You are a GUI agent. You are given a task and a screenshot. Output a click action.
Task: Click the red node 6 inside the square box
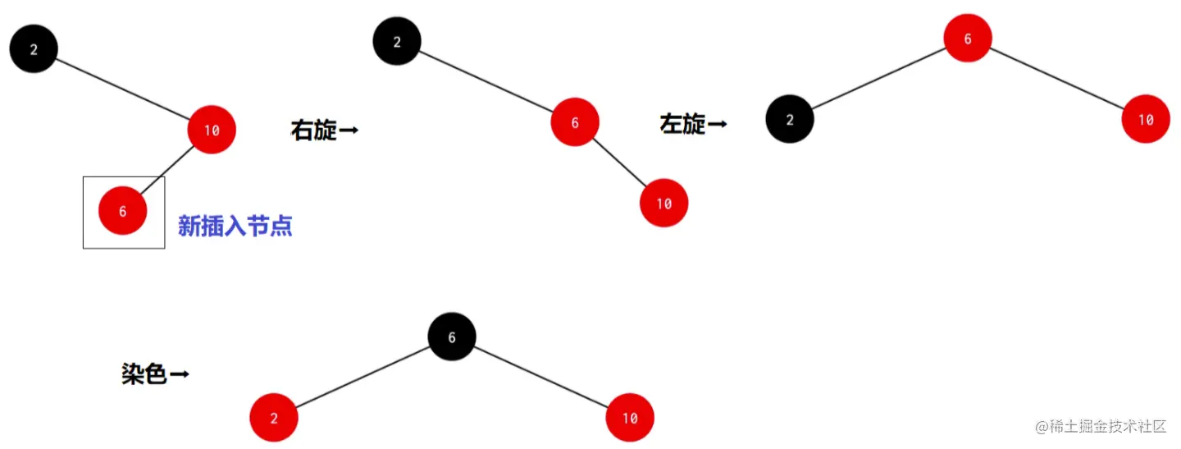pos(123,211)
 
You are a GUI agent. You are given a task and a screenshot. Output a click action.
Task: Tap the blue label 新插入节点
pos(235,227)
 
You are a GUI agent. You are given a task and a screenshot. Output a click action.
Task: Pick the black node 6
pos(452,337)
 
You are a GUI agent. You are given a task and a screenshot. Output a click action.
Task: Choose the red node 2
pos(274,418)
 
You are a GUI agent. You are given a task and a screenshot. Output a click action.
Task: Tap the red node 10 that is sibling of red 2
pos(630,418)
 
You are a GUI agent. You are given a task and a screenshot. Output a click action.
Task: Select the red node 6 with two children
pos(968,39)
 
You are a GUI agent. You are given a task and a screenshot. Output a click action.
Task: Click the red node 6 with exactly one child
pos(575,122)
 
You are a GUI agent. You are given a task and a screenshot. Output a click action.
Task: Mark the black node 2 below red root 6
pos(790,120)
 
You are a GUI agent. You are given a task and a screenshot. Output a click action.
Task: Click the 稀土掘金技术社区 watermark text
pos(1100,426)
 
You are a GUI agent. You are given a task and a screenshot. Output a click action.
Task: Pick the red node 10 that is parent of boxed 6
pos(212,130)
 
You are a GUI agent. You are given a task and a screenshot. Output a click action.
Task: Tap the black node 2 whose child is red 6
pos(397,42)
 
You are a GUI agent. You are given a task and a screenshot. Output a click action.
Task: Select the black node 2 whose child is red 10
pos(34,49)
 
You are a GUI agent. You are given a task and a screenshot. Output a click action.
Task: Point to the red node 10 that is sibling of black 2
pos(1146,120)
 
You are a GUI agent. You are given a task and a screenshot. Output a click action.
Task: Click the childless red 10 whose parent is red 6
pos(664,203)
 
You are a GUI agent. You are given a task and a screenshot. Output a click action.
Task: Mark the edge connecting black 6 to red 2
pos(363,377)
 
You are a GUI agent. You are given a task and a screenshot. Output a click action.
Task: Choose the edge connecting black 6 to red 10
pos(541,377)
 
